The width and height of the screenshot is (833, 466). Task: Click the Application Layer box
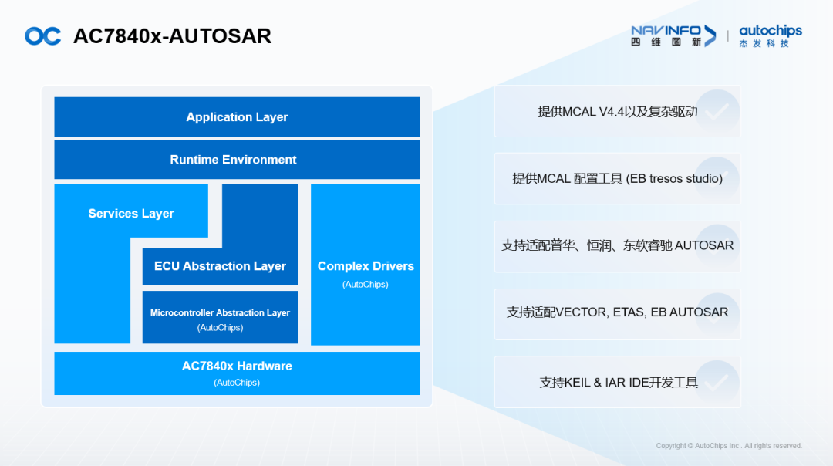coord(237,117)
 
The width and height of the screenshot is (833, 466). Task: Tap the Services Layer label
coord(131,214)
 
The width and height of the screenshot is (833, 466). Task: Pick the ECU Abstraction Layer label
coord(220,266)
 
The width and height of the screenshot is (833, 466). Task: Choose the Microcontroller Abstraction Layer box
coord(220,317)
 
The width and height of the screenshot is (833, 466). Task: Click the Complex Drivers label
coord(366,266)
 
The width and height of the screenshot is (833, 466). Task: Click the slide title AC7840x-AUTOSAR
coord(172,36)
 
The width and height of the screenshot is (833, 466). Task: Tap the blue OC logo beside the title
coord(42,36)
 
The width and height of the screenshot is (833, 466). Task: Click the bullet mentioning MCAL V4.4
coord(617,112)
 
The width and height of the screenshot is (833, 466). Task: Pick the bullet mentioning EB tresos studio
coord(617,179)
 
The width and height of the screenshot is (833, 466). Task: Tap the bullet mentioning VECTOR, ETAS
coord(617,312)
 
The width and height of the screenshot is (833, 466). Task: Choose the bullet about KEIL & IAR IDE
coord(617,382)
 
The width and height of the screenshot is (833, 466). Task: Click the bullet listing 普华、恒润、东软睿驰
coord(617,246)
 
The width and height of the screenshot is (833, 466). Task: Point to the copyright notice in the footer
coord(729,446)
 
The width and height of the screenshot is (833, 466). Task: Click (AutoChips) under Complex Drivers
coord(366,285)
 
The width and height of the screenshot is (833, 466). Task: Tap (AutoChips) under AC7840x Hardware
coord(237,383)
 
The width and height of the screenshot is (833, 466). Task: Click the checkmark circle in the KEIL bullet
coord(717,382)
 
